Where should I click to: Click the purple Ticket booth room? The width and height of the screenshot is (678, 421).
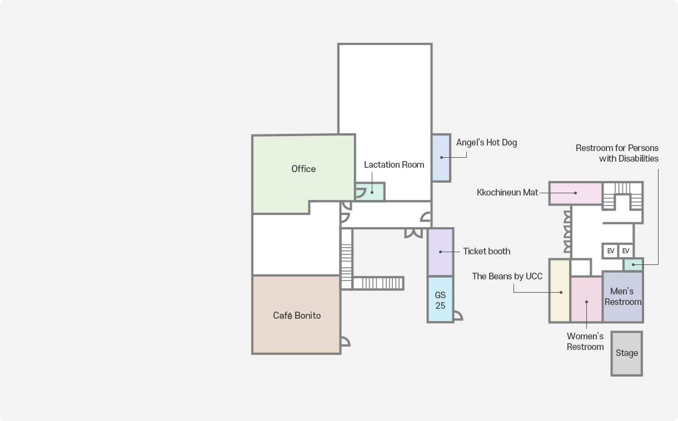[440, 252]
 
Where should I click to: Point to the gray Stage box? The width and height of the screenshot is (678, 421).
[626, 353]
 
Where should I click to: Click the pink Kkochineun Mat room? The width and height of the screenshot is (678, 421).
[576, 193]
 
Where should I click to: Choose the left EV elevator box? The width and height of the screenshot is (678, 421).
[610, 251]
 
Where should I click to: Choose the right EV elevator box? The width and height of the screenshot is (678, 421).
[626, 251]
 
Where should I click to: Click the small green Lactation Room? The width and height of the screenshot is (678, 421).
[373, 192]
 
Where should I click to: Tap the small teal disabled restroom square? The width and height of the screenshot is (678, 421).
[633, 264]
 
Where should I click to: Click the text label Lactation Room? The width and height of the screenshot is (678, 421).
[393, 165]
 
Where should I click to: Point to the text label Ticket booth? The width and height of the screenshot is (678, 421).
[486, 252]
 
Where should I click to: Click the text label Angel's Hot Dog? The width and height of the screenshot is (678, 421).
[486, 143]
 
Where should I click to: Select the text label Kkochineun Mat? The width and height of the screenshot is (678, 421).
[507, 193]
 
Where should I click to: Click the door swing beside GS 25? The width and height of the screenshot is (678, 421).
[457, 316]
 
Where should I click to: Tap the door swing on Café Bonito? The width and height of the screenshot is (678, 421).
[345, 341]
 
